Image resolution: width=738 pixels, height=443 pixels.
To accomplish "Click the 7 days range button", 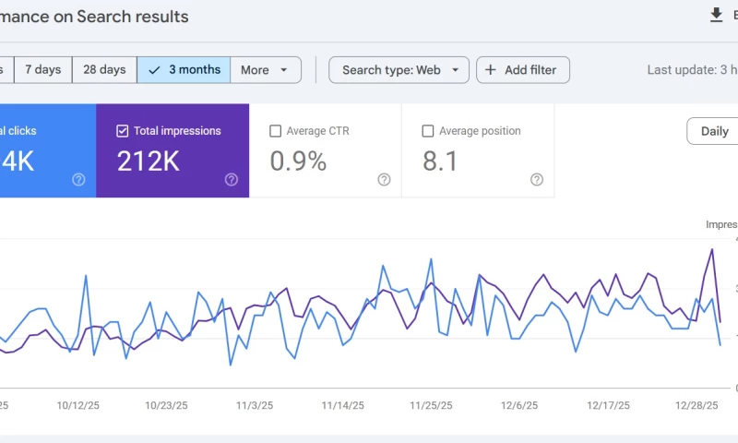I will (42, 70).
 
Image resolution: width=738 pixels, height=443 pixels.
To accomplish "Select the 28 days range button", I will (104, 70).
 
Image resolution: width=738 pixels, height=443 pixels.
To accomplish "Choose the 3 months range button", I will (184, 70).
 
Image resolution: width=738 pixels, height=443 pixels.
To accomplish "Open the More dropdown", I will (265, 70).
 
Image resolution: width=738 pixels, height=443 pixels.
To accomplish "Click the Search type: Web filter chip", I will (399, 70).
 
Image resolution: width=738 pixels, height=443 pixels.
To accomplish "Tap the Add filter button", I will (522, 70).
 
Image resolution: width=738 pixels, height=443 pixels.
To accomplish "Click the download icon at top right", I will (716, 15).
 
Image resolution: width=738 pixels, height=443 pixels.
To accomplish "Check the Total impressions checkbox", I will (123, 131).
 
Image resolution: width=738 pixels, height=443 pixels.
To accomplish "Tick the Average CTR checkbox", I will (275, 131).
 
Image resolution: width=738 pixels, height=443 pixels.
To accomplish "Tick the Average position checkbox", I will (427, 131).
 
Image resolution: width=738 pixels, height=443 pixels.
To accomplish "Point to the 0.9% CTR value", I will (298, 162).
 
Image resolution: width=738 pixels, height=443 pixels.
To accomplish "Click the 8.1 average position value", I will (440, 162).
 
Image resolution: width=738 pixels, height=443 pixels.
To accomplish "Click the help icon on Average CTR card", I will (384, 180).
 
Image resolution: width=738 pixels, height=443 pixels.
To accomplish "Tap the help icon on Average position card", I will (537, 180).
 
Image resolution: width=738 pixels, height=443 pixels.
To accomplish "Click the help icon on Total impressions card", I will (232, 180).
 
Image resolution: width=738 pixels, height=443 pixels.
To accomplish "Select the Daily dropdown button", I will (714, 131).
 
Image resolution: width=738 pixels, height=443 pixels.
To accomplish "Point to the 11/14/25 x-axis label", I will (341, 405).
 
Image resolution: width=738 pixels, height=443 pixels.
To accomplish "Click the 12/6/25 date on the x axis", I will (518, 405).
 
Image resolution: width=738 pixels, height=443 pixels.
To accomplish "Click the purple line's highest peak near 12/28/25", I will (711, 249).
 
